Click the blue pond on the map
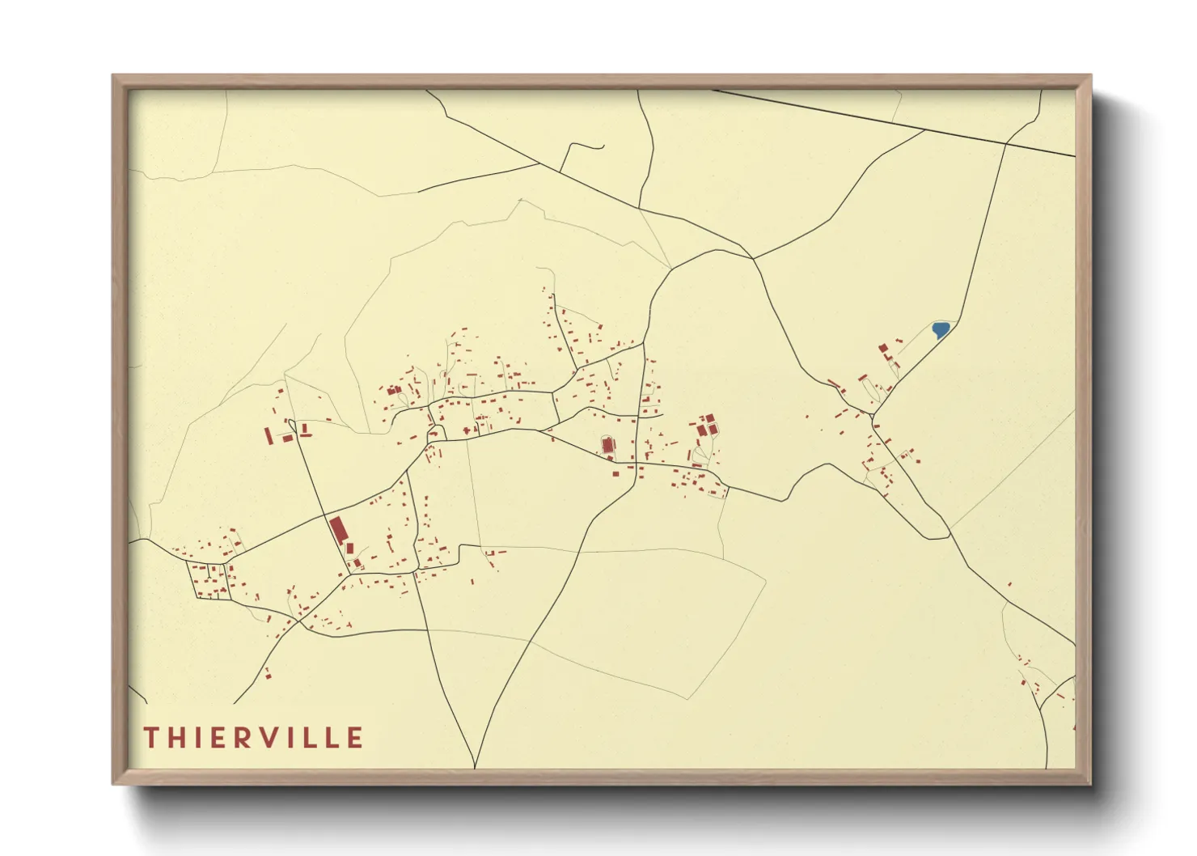point(940,329)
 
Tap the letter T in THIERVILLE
point(150,738)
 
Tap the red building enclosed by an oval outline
point(607,444)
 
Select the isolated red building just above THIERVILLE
point(268,674)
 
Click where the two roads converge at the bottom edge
point(475,765)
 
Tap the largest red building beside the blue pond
point(884,348)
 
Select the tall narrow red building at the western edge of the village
point(269,435)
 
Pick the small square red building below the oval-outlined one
point(615,473)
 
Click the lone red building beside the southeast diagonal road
point(1009,583)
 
